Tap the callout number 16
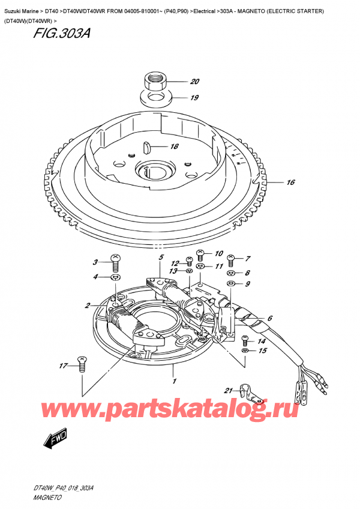coord(291,182)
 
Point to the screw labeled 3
coord(115,262)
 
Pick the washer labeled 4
coord(115,277)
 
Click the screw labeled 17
coord(82,362)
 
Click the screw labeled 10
coord(201,254)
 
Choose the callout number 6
coord(270,318)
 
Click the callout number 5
coord(161,259)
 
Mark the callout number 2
coord(88,306)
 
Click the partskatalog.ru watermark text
coord(180,411)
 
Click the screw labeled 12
coord(188,262)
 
